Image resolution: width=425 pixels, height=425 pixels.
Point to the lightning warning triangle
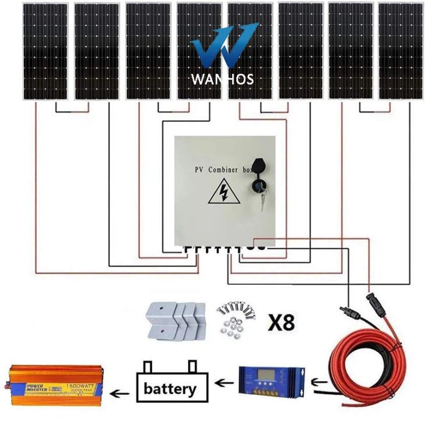[x=224, y=192]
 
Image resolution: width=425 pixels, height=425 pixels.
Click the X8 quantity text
[x=281, y=323]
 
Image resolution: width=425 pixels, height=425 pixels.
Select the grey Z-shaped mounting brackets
[x=174, y=322]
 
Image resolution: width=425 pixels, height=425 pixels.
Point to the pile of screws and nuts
[x=236, y=319]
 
